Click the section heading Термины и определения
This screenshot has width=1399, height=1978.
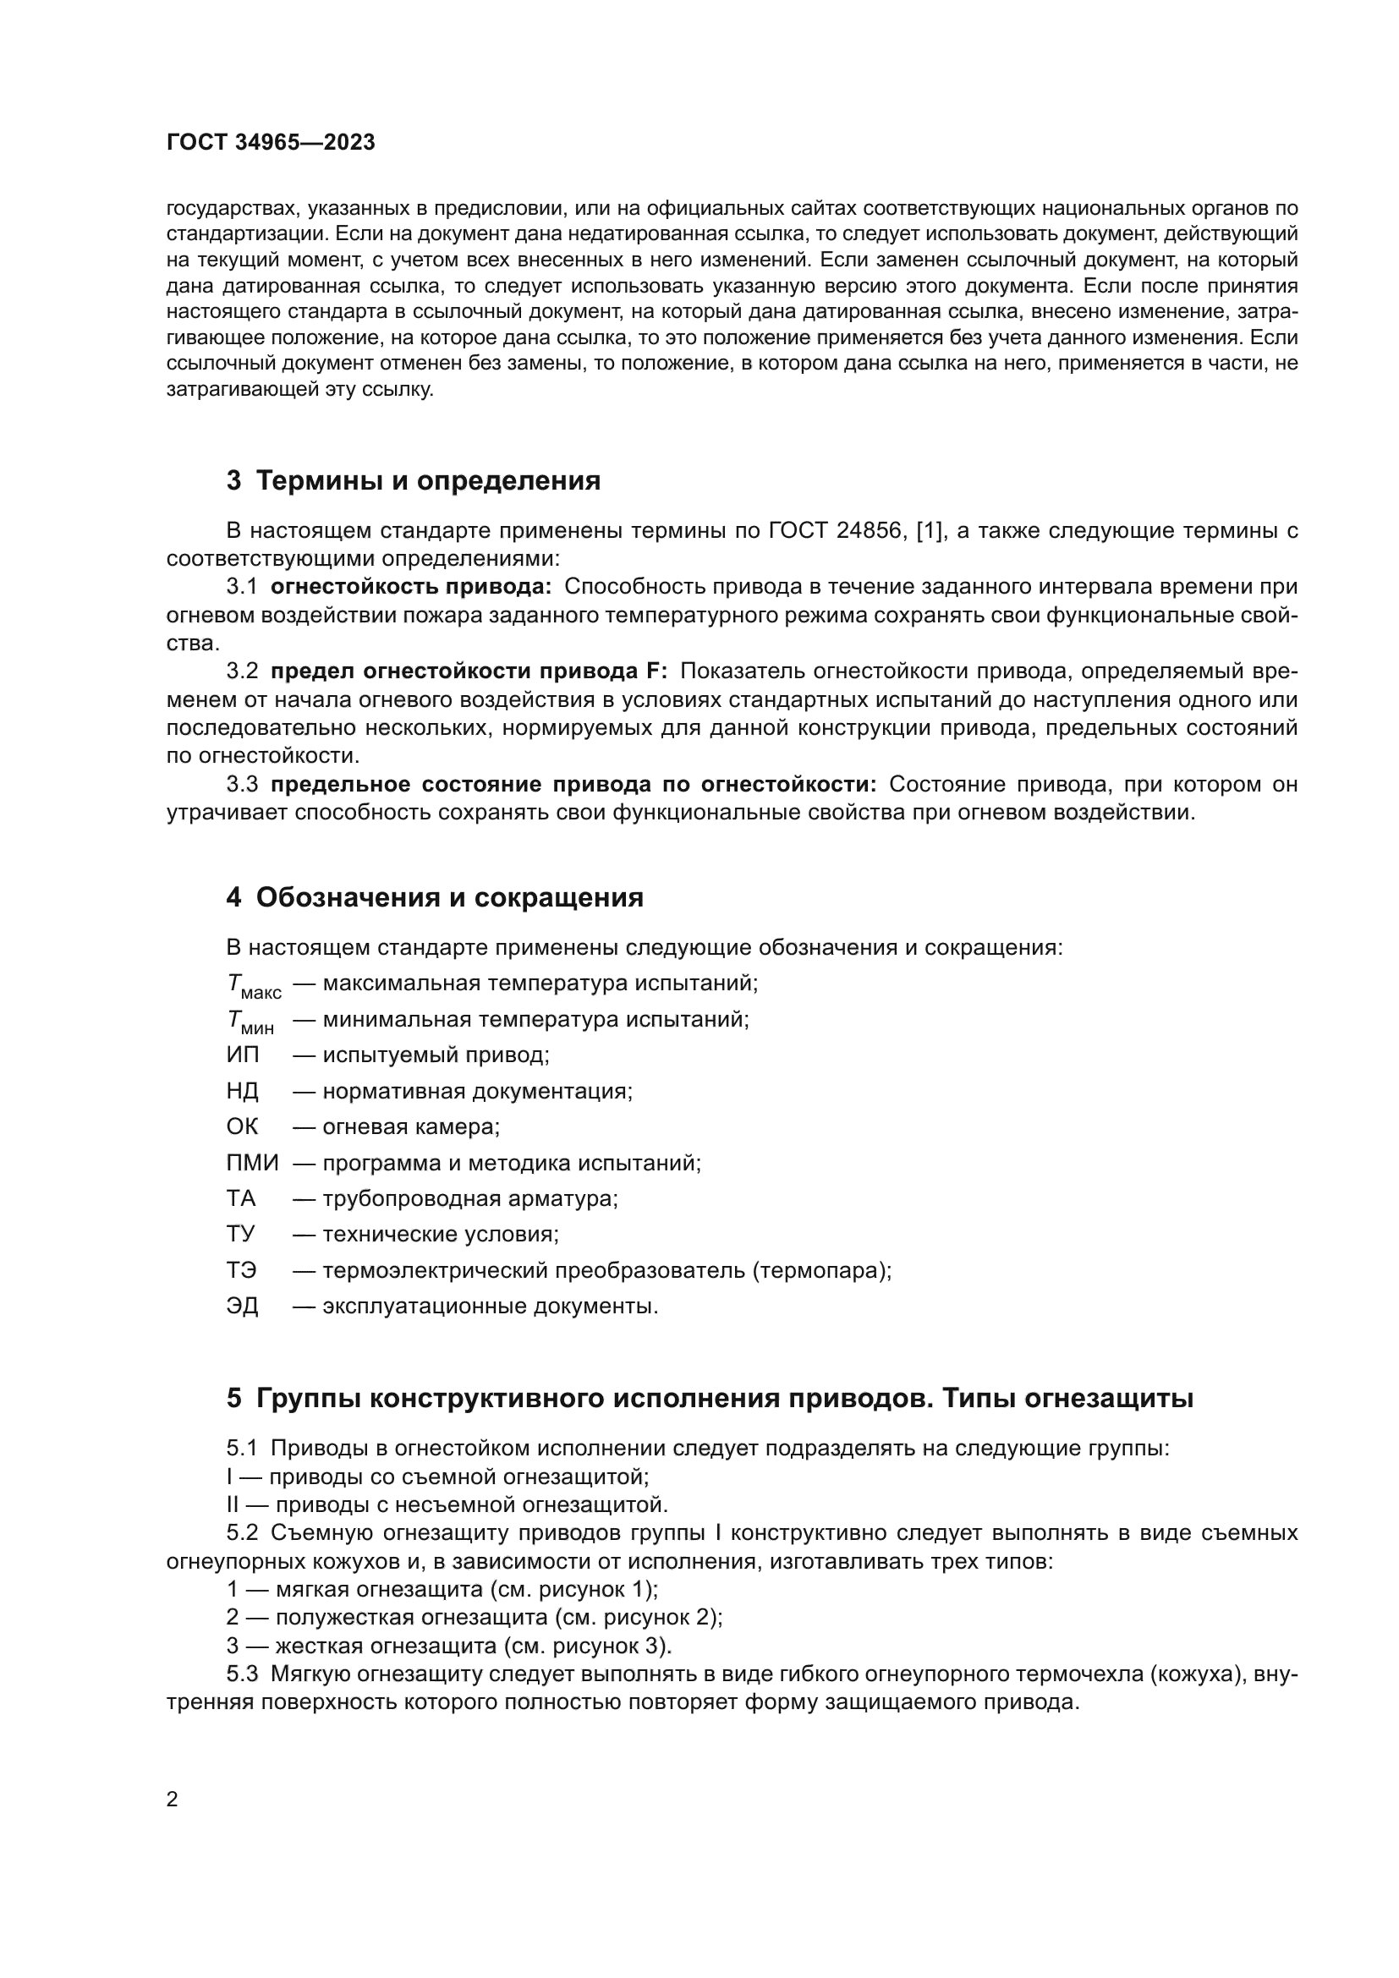pos(428,480)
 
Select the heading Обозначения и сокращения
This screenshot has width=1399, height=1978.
pos(450,898)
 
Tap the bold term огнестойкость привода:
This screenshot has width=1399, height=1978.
pos(411,587)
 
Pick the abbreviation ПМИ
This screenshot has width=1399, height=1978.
pos(251,1163)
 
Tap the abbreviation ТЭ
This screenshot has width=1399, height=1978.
pos(241,1271)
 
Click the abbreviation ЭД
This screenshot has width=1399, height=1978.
pos(242,1306)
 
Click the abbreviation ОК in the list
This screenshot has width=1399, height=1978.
pos(242,1126)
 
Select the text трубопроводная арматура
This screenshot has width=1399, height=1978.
pos(469,1198)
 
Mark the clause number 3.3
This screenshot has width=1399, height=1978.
pos(242,785)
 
